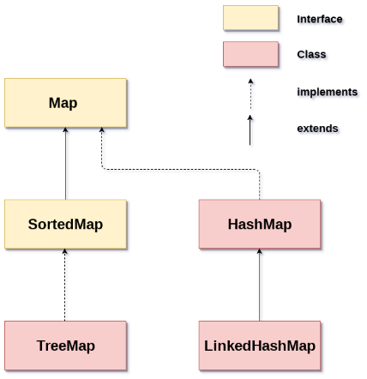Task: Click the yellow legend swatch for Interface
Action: click(250, 18)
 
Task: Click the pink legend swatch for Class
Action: click(250, 54)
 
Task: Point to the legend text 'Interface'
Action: click(320, 19)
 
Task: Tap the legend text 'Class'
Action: click(311, 55)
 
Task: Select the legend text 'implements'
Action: click(327, 92)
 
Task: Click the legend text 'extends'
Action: click(317, 129)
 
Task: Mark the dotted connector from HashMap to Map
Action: click(180, 169)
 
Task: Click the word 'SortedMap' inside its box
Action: click(65, 225)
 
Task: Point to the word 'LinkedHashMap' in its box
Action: click(259, 346)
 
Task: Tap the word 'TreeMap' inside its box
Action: click(65, 346)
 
